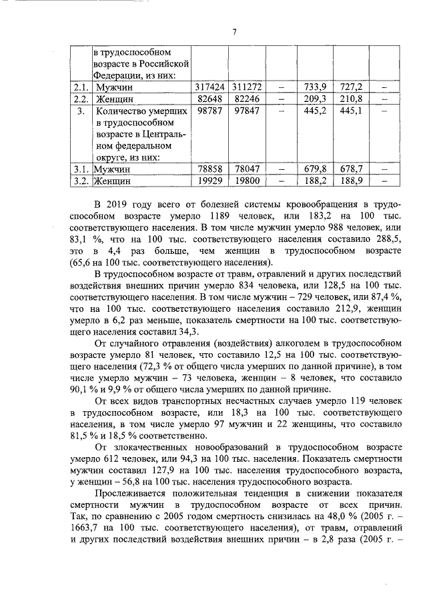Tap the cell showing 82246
[247, 99]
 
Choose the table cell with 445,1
[351, 111]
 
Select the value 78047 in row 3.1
[247, 169]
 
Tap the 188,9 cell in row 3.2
[351, 180]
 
